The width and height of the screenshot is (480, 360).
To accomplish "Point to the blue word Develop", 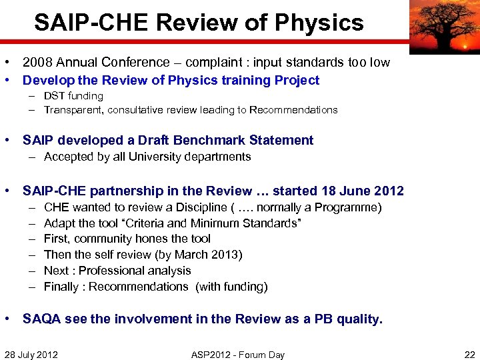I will click(x=45, y=81).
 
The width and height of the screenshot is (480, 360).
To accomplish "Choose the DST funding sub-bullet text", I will click(x=73, y=96).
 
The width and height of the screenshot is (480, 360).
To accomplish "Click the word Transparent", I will click(x=74, y=110).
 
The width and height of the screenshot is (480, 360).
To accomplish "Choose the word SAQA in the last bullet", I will click(x=41, y=319).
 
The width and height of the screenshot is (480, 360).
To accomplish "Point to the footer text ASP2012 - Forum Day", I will click(x=237, y=355).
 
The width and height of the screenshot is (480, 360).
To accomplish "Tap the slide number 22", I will click(x=469, y=355).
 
